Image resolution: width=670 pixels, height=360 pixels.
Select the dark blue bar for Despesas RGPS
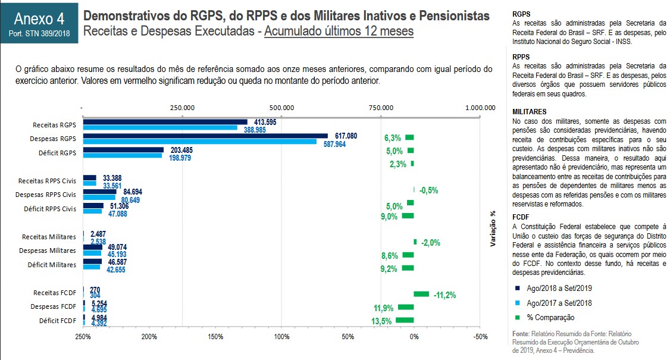205,136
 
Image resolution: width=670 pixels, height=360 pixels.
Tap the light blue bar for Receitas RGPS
160,127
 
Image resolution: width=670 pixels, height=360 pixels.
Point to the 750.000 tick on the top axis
381,108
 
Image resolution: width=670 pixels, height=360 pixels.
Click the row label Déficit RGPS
55,153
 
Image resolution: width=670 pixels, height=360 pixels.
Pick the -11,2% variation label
444,295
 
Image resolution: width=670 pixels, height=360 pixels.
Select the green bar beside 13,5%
404,320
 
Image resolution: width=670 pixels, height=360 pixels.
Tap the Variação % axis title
492,229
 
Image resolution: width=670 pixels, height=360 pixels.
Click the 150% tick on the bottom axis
215,337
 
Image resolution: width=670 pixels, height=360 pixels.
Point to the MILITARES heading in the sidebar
529,111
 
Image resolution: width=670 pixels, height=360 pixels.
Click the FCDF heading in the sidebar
521,217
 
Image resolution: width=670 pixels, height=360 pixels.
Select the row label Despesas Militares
48,251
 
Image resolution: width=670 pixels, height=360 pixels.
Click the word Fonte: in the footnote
521,334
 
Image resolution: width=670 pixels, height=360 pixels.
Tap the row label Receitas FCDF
55,292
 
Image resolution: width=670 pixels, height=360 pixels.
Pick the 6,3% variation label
393,138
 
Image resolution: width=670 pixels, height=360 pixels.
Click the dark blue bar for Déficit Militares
92,261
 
